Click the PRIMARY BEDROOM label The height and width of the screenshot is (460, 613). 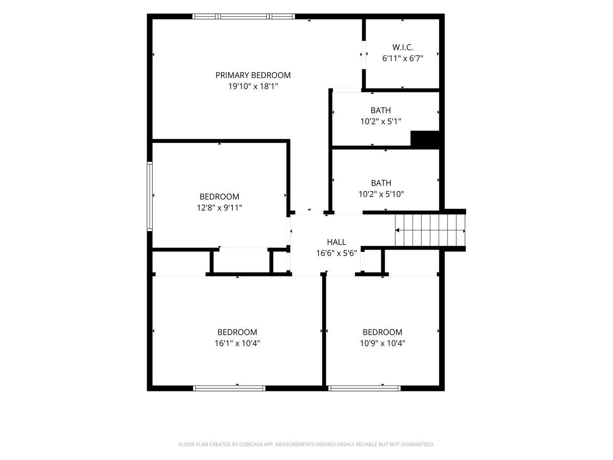[x=253, y=75]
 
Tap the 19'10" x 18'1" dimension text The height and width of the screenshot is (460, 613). [x=253, y=86]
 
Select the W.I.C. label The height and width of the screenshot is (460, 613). [x=402, y=47]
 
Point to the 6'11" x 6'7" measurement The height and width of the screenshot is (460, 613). [x=402, y=58]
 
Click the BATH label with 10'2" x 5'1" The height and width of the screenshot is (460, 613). [x=381, y=110]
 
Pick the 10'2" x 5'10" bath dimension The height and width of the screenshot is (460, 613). [x=381, y=194]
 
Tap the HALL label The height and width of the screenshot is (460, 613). [x=336, y=242]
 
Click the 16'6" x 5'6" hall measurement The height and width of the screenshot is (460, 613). [x=336, y=253]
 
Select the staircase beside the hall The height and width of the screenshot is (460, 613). [x=430, y=230]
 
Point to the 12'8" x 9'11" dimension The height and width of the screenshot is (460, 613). [x=219, y=208]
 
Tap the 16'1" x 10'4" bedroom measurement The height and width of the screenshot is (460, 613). [x=237, y=343]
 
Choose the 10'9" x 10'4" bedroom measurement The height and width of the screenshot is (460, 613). [x=382, y=343]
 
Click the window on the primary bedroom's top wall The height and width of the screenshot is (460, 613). [x=243, y=17]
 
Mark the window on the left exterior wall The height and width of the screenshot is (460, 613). [x=150, y=196]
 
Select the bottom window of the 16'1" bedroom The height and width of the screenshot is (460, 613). [x=229, y=388]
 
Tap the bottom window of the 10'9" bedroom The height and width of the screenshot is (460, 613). [x=364, y=388]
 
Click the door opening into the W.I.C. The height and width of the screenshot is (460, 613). [x=364, y=55]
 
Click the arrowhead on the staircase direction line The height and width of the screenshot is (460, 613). [x=397, y=230]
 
